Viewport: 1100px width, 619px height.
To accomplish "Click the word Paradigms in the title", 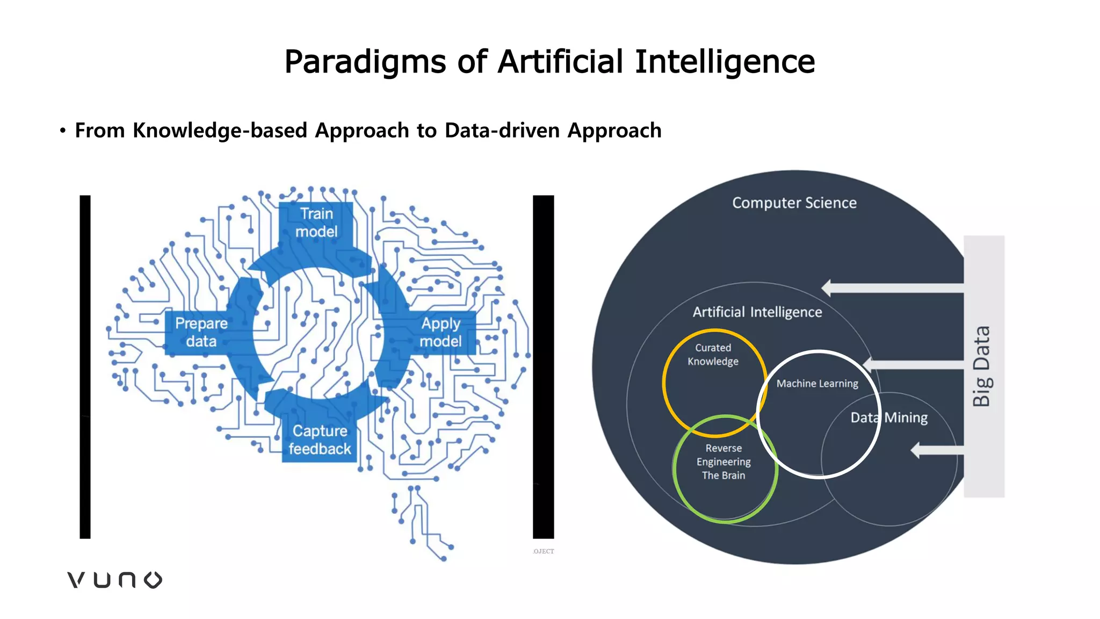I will click(365, 62).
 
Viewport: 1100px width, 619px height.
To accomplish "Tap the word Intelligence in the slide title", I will click(725, 62).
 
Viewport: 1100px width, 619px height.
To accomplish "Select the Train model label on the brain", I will click(316, 222).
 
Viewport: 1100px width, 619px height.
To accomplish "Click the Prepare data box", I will click(201, 332).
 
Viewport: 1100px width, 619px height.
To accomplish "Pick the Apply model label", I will click(440, 332).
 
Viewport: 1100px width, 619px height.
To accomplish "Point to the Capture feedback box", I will click(320, 440).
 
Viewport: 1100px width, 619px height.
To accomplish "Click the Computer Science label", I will click(794, 203).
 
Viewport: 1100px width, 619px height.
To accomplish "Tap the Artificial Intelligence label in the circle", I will click(757, 312).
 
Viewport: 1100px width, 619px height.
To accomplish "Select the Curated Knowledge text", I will click(713, 355).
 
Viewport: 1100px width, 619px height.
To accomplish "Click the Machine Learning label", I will click(817, 384).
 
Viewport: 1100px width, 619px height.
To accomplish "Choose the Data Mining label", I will click(889, 418).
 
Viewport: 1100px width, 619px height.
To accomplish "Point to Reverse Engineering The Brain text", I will click(723, 462).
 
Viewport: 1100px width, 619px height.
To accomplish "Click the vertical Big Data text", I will click(982, 366).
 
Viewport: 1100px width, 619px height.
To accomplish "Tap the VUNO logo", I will click(114, 580).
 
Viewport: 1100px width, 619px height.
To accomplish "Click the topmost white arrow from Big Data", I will click(892, 288).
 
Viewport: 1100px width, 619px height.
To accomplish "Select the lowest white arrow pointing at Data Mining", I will click(937, 450).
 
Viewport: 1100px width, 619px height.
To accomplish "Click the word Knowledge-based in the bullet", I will click(220, 131).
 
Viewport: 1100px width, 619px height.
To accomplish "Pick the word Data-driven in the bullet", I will click(502, 131).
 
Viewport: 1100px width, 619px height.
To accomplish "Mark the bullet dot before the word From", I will click(63, 131).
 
